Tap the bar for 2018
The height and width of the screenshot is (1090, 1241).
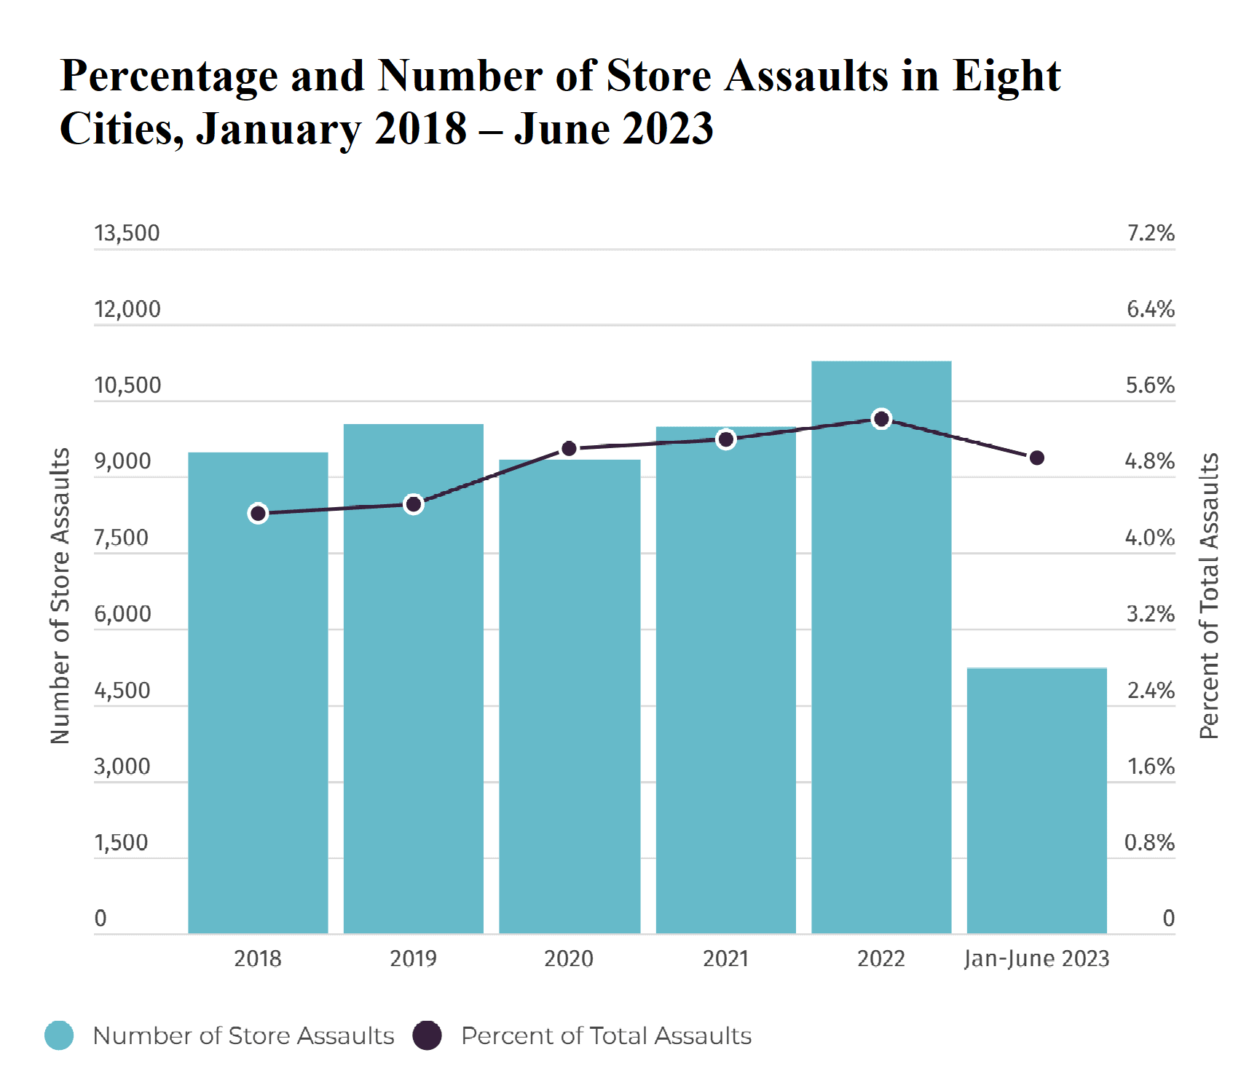pos(258,692)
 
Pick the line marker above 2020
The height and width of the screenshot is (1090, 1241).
pos(570,449)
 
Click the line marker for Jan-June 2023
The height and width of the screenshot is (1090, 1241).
pos(1037,458)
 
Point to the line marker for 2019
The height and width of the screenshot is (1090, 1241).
pos(414,504)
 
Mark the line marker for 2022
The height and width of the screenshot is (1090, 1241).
pos(881,419)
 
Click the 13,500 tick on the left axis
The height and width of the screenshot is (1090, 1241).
pos(127,233)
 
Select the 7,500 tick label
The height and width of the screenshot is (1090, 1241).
pos(121,538)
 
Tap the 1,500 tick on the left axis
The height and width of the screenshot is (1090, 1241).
pos(121,843)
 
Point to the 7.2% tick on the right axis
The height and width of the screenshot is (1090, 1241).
pos(1151,233)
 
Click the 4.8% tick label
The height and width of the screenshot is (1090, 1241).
pos(1149,461)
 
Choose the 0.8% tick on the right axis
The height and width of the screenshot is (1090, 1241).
pos(1149,843)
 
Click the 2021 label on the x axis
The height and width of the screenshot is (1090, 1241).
pos(725,958)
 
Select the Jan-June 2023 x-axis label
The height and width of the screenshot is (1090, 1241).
pos(1036,958)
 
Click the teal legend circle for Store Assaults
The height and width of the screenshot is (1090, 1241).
pos(59,1035)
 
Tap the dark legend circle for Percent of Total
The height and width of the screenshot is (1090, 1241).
pos(427,1035)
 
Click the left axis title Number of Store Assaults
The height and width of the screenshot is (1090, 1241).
pos(60,595)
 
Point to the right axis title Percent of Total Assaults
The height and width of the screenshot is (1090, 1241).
pos(1209,595)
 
